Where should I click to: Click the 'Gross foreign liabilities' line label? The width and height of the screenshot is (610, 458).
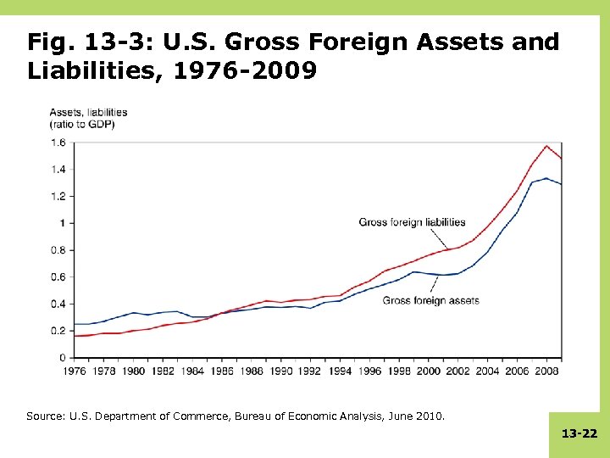pos(412,222)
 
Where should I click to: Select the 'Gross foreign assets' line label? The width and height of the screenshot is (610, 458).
pos(436,300)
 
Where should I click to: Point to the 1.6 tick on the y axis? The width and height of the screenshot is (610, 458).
pos(58,142)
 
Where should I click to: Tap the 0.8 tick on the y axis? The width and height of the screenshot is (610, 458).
pos(58,250)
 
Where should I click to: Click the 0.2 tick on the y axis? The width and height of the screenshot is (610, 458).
pos(58,331)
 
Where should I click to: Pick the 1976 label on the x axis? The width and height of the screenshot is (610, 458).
pos(75,371)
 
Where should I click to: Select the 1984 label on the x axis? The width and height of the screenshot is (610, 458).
pos(193,371)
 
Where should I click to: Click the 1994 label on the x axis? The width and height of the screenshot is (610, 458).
pos(341,371)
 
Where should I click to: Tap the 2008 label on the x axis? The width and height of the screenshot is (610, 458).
pos(547,371)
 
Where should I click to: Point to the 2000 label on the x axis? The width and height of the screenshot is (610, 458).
pos(430,371)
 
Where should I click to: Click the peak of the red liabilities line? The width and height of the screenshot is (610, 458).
pos(547,146)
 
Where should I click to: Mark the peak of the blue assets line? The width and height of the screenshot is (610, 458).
pos(546,178)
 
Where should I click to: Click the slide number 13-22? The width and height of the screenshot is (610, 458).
pos(579,433)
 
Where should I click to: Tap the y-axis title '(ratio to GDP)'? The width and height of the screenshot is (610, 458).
pos(81,124)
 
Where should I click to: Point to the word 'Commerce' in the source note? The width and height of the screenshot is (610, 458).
pos(195,416)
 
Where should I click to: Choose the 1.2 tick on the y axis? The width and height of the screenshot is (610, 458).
pos(58,196)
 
